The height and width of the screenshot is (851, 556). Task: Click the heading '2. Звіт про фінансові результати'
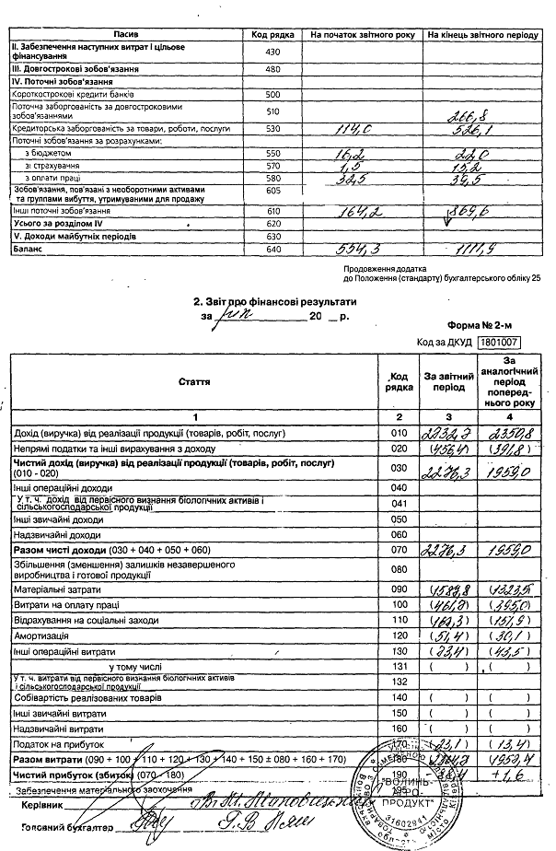(x=273, y=301)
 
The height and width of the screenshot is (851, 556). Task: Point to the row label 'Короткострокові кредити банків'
(x=74, y=94)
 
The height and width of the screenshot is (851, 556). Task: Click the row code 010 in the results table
(x=399, y=432)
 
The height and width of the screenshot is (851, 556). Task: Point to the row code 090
(x=399, y=589)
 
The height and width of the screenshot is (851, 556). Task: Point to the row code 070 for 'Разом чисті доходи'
(x=399, y=550)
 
